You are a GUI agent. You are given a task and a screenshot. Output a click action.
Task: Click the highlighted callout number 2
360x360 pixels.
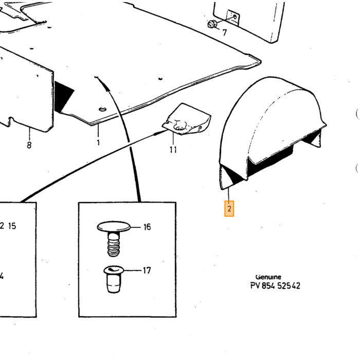229,209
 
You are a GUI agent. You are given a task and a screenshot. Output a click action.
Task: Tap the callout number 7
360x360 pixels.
225,32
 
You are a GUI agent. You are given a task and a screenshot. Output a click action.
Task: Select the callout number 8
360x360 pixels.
29,145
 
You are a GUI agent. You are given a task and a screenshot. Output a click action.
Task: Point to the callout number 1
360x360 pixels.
98,142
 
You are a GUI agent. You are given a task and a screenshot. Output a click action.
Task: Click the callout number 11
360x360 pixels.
173,150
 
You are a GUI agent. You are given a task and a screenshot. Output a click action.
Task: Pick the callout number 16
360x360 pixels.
147,227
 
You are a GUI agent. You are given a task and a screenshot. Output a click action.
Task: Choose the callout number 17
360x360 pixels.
147,270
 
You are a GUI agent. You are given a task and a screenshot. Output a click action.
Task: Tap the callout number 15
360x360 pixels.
12,226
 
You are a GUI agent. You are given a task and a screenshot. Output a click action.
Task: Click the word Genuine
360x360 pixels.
268,277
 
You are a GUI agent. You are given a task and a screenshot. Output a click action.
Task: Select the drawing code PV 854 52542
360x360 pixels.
275,285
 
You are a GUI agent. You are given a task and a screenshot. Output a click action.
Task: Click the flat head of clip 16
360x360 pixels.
114,226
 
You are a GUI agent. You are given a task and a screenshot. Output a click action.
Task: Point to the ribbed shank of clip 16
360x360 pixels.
114,244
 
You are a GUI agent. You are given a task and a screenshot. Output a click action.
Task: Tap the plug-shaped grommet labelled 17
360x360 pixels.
114,279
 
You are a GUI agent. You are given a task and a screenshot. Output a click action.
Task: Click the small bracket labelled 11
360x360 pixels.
186,119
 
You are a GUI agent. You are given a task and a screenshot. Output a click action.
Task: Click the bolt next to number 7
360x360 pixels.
212,24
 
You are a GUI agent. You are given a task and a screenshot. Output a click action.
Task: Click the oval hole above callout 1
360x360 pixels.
103,109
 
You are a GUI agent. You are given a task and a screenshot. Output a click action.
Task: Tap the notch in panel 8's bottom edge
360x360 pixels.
11,121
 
